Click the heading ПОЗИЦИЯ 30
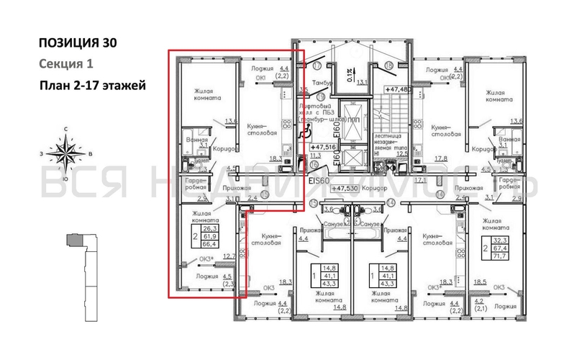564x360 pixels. coord(76,43)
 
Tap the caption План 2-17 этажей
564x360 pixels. coord(93,86)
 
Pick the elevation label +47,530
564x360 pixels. coord(343,188)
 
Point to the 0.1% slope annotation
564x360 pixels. coord(348,74)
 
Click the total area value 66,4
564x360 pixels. coord(211,245)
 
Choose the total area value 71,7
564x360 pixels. coord(498,256)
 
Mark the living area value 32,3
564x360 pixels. coord(498,240)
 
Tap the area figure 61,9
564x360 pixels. coord(211,235)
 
